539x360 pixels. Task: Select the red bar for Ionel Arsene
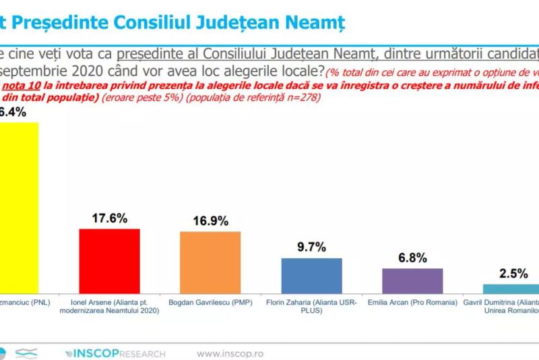[109, 259]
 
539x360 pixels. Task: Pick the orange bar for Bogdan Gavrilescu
[210, 261]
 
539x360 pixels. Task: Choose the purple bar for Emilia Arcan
[412, 278]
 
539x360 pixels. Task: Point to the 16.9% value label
[210, 220]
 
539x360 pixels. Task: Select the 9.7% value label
[311, 247]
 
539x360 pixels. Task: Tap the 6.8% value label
[412, 257]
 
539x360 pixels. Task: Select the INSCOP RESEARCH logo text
[115, 353]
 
